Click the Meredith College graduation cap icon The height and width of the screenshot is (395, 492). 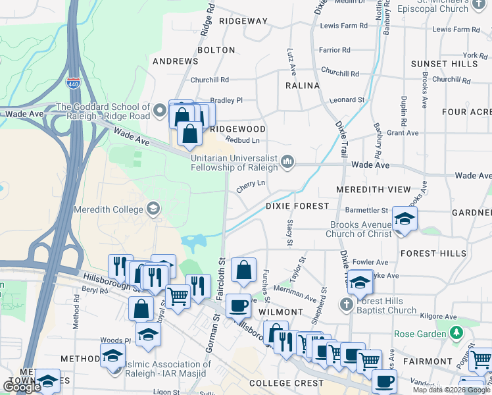(153, 209)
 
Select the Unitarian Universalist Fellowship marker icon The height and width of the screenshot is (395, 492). (287, 161)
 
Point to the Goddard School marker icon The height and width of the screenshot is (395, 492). (160, 111)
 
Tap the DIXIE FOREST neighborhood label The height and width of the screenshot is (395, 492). (297, 206)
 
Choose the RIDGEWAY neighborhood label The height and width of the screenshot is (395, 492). (243, 21)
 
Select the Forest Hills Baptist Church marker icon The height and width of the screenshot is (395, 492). (347, 304)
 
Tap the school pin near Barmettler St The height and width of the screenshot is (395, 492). (405, 219)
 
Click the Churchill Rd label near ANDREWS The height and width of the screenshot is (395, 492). (209, 80)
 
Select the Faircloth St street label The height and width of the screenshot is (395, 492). (222, 272)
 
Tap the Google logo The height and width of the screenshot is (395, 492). (22, 386)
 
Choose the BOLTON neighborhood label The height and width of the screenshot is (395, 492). (216, 50)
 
